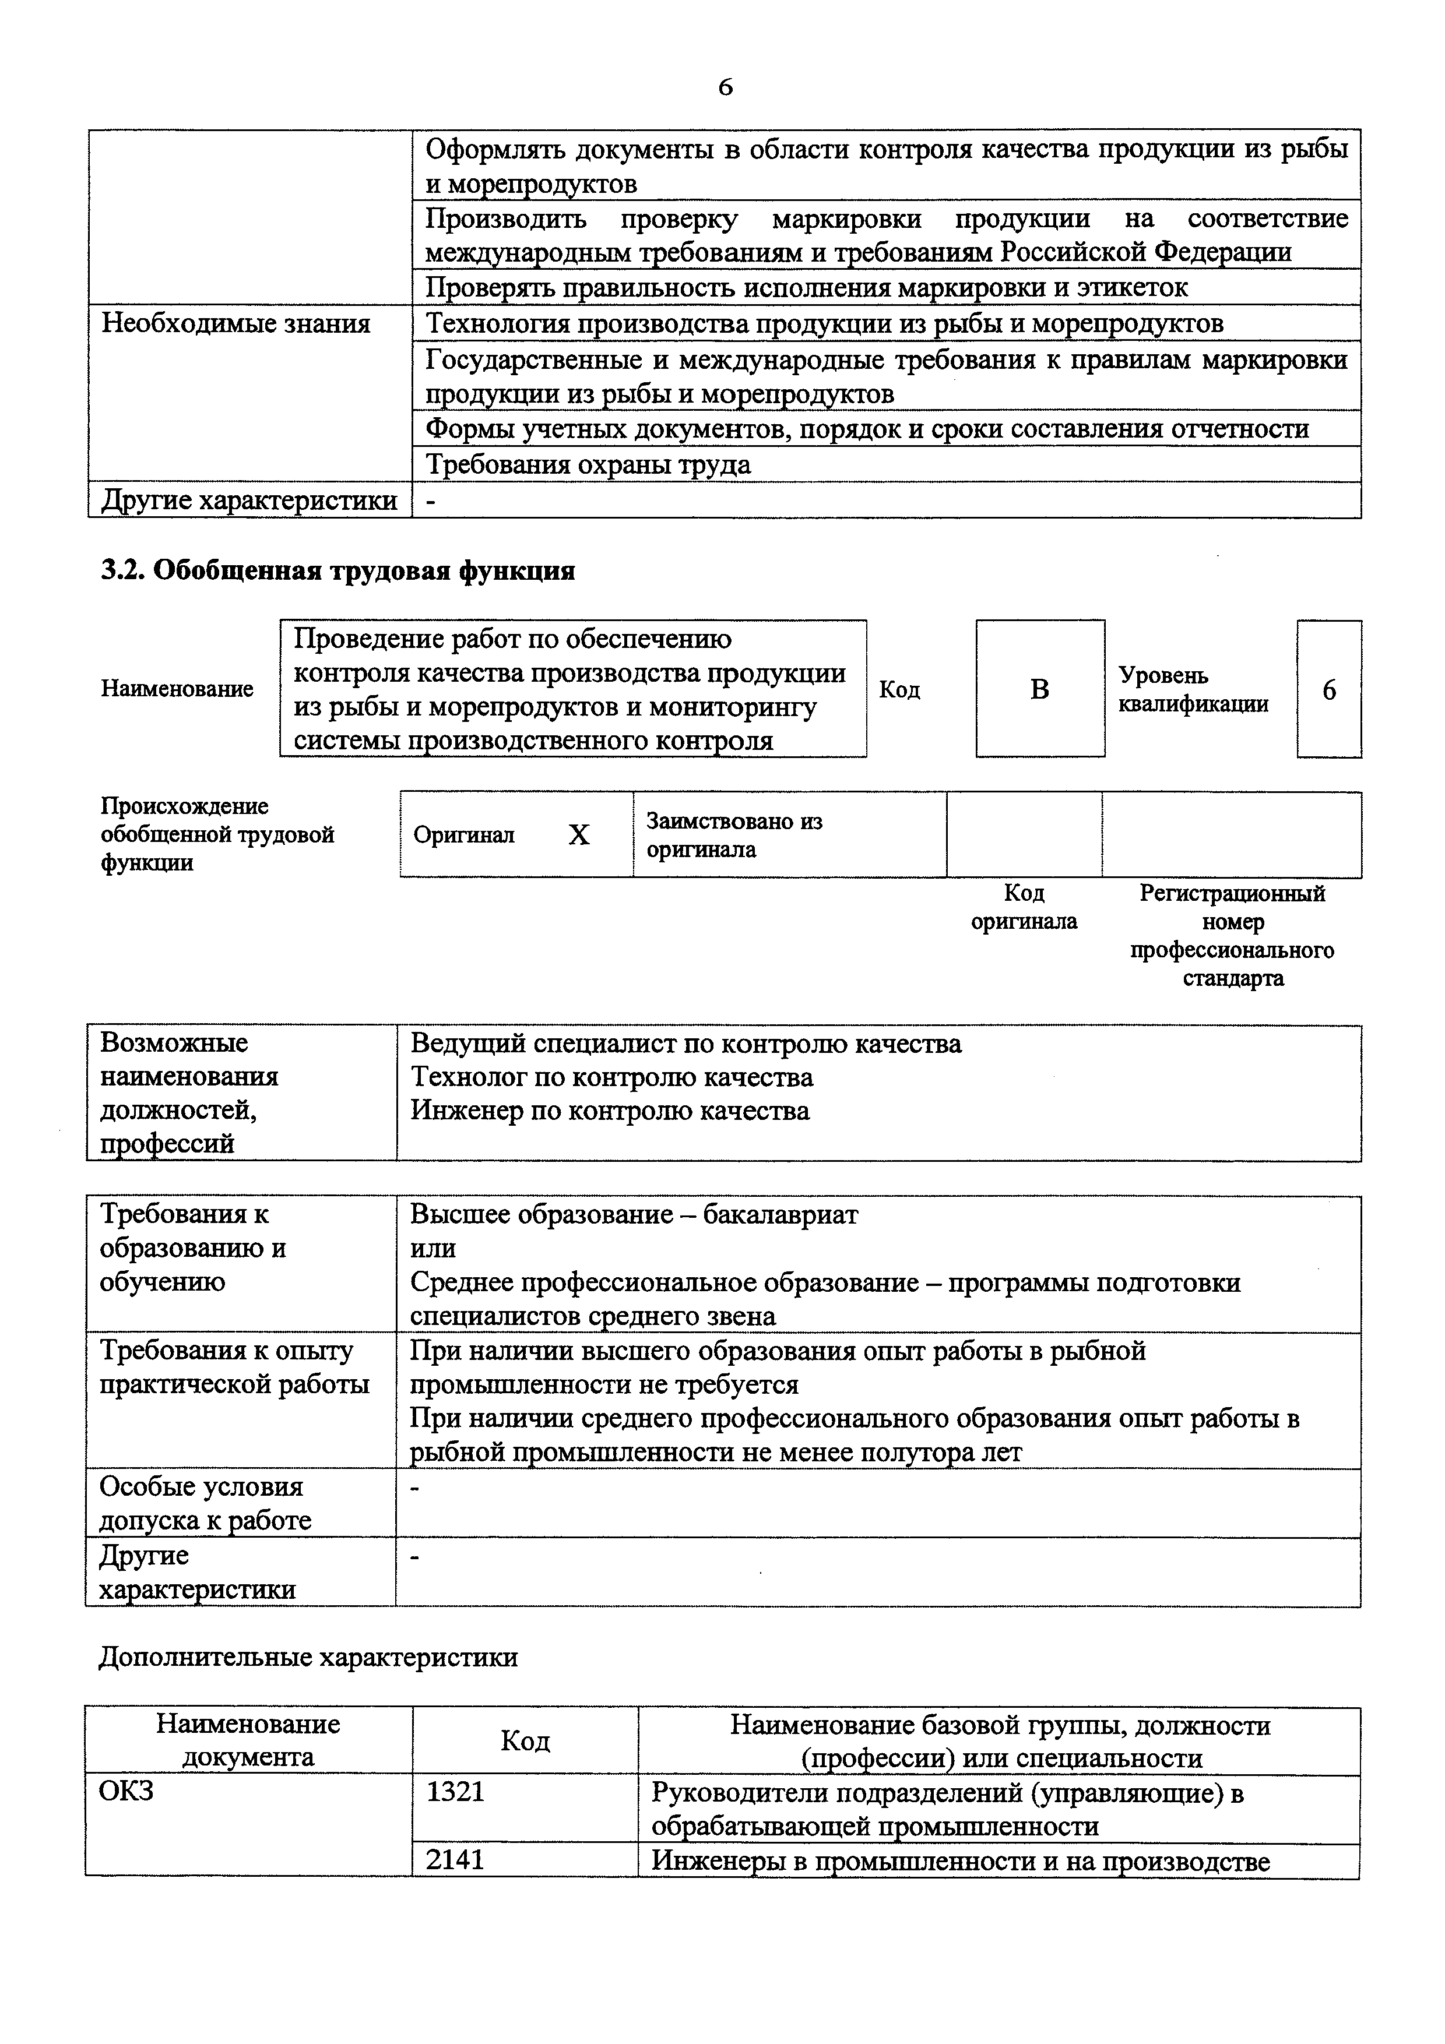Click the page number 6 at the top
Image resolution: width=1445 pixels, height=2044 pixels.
(725, 86)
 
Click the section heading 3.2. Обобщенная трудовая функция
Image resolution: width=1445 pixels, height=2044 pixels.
(337, 570)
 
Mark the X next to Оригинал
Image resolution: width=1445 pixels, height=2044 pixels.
(579, 835)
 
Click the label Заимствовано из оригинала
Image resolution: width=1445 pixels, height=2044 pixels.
(734, 835)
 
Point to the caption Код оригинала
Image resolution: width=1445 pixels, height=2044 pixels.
(1024, 906)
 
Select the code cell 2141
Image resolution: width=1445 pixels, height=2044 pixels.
(456, 1860)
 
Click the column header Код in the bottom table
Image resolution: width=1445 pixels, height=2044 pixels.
(525, 1740)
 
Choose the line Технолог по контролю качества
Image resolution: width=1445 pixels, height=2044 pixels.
(611, 1077)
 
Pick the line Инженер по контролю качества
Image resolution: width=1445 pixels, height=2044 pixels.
(610, 1111)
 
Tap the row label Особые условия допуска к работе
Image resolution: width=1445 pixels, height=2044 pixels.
(205, 1503)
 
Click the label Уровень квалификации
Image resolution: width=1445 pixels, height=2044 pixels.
(1193, 689)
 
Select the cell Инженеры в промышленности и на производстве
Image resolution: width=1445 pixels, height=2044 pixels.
(961, 1860)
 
